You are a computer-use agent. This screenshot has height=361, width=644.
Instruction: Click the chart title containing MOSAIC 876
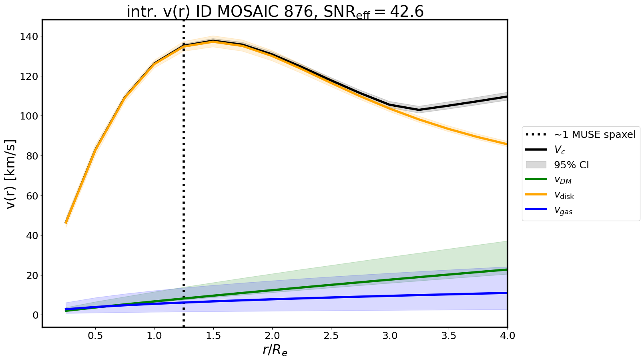[275, 12]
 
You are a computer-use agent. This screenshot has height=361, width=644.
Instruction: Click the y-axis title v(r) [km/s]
[11, 174]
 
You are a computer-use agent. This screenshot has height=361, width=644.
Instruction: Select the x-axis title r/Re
[275, 350]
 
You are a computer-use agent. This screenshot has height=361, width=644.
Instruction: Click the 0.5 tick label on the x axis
[95, 336]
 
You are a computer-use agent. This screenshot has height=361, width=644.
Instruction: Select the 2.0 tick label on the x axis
[272, 336]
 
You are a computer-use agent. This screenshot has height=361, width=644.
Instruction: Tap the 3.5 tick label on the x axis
[449, 336]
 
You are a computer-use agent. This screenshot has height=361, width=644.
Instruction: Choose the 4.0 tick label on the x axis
[508, 336]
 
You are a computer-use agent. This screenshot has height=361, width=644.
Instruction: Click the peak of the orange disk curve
[213, 41]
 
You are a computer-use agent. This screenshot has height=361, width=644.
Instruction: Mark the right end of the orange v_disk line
[507, 144]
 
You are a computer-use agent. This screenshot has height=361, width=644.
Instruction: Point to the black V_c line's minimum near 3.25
[419, 110]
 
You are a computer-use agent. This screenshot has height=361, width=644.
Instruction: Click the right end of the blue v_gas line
[507, 293]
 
